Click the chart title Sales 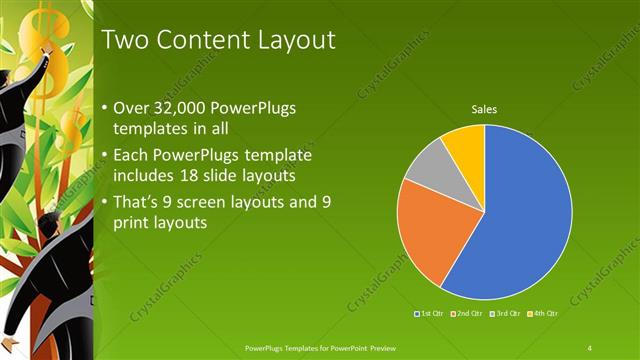click(x=484, y=109)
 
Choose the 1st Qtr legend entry click(x=431, y=314)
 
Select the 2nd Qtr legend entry click(x=467, y=314)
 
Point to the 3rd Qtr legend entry click(x=505, y=314)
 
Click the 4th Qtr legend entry click(x=541, y=314)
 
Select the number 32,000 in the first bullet click(x=176, y=107)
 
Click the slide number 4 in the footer click(x=590, y=347)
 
